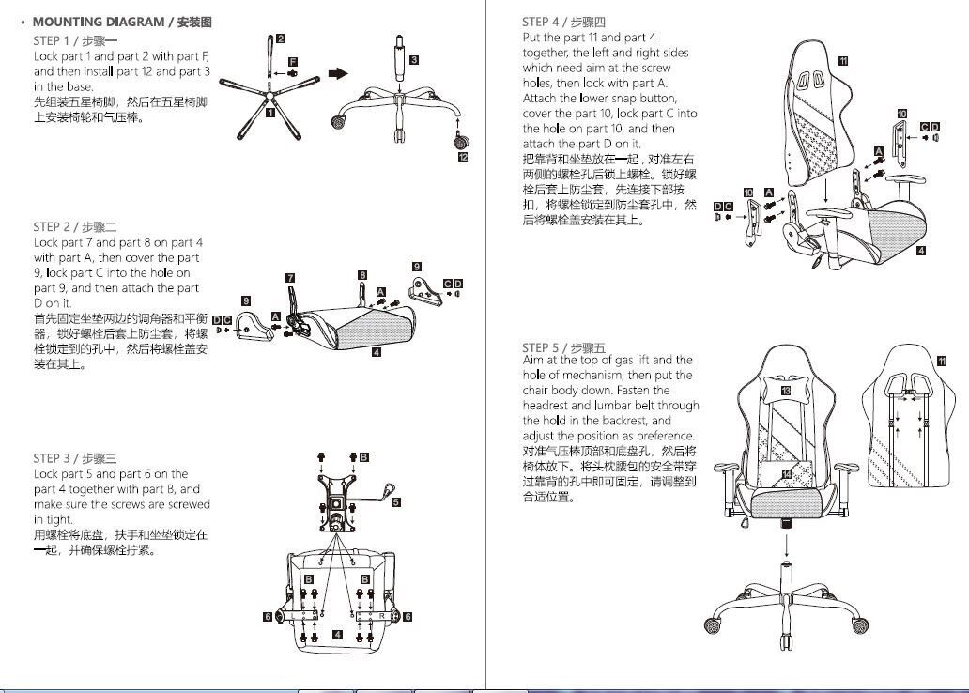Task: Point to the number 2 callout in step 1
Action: pyautogui.click(x=281, y=38)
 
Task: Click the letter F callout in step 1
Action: pyautogui.click(x=293, y=61)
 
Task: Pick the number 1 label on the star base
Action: pyautogui.click(x=270, y=113)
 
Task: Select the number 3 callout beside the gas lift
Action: pyautogui.click(x=414, y=60)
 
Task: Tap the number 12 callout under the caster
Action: pyautogui.click(x=463, y=157)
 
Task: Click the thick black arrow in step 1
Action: pyautogui.click(x=338, y=74)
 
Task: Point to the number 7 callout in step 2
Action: pyautogui.click(x=290, y=278)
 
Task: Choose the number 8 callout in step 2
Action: pyautogui.click(x=362, y=275)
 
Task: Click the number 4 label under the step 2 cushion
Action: pyautogui.click(x=376, y=353)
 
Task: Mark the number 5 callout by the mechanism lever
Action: pyautogui.click(x=396, y=502)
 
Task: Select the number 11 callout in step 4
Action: pyautogui.click(x=843, y=61)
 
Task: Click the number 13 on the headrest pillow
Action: pyautogui.click(x=785, y=390)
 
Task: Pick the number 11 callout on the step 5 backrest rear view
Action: pyautogui.click(x=942, y=361)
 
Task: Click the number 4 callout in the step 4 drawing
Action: pyautogui.click(x=921, y=251)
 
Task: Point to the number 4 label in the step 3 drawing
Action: pyautogui.click(x=337, y=635)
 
